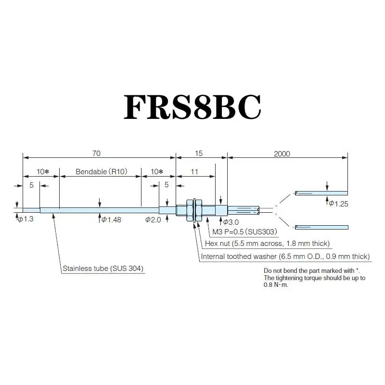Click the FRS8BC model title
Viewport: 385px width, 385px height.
192,107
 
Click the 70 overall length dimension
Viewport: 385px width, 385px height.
96,154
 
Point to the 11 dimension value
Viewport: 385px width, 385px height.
194,171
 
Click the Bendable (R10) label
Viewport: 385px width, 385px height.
100,171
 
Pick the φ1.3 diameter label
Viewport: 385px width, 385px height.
27,219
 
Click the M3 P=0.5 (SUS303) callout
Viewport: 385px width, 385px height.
244,231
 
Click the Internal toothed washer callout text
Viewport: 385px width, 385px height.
285,256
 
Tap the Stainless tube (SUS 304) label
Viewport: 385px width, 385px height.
103,268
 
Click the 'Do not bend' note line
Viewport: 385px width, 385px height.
312,270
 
